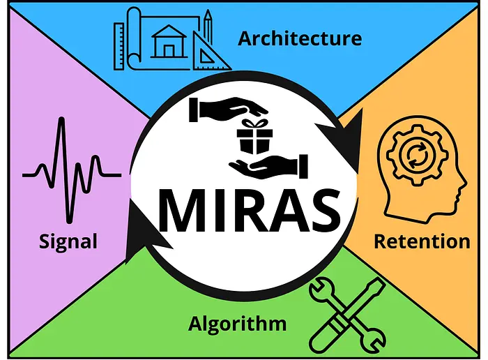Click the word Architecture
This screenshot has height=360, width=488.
click(x=300, y=38)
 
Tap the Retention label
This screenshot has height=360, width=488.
click(x=422, y=242)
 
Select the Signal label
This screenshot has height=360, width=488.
click(x=68, y=242)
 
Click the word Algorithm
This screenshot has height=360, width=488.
click(x=237, y=324)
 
